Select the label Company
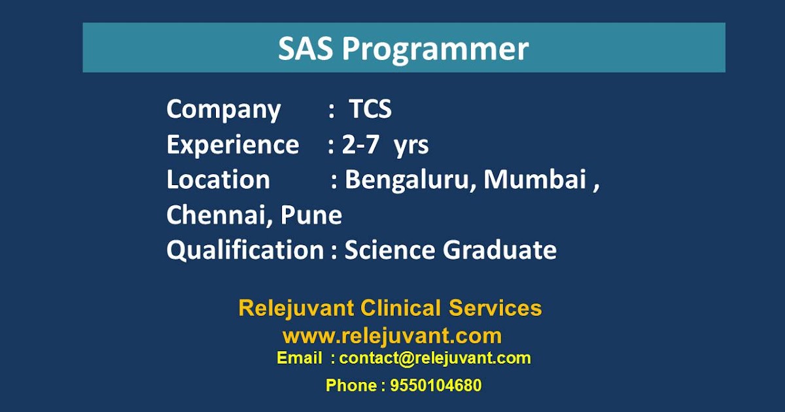pos(223,110)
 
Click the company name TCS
pos(370,109)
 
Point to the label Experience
pos(232,145)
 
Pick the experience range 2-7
pos(360,145)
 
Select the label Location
pos(218,180)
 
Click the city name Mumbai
pos(534,180)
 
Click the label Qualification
pos(245,250)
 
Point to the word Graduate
pos(500,250)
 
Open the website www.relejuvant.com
pos(392,336)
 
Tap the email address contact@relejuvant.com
pos(435,358)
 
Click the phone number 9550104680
pos(436,386)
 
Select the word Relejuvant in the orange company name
pos(296,307)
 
